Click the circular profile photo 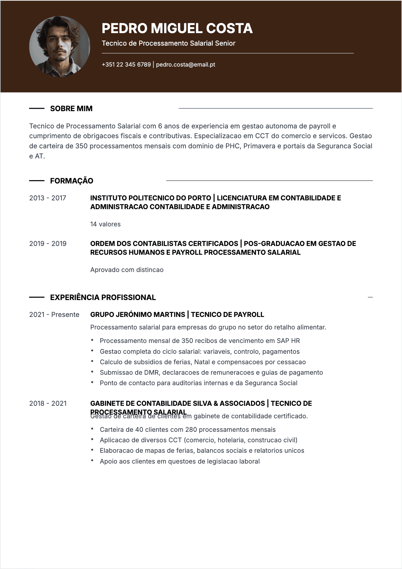coord(60,47)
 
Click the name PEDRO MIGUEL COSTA coord(177,28)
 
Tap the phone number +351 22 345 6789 coord(126,65)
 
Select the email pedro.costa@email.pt coord(185,65)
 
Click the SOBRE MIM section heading coord(71,109)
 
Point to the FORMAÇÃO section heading coord(72,181)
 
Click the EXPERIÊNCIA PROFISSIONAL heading coord(103,297)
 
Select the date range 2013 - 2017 coord(48,198)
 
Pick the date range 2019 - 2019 coord(48,244)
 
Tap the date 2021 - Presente coord(54,315)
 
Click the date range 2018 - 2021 coord(48,403)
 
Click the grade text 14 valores coord(105,224)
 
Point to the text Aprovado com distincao coord(127,270)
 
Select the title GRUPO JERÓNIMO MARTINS coord(137,315)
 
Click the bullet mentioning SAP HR coord(200,341)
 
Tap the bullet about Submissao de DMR coord(211,373)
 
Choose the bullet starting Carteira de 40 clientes coord(187,430)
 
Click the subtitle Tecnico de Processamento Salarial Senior coord(168,43)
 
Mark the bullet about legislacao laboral coord(179,462)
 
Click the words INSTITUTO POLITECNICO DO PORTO coord(150,198)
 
